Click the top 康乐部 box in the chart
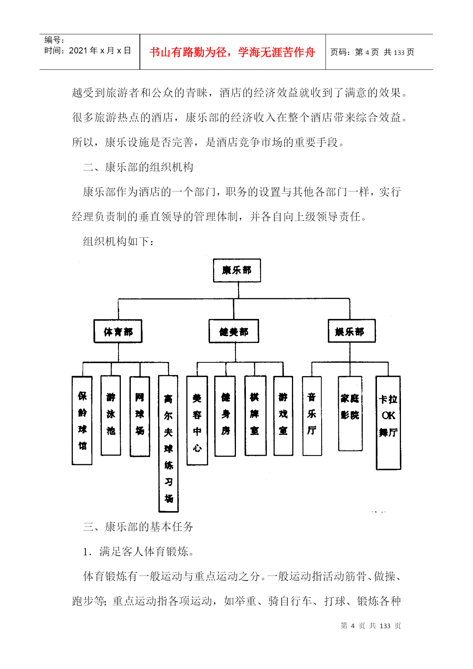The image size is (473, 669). tap(237, 270)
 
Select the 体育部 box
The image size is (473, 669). tap(118, 331)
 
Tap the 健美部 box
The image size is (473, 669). tap(234, 331)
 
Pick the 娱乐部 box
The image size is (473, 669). tap(352, 331)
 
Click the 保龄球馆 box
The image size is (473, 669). tap(82, 420)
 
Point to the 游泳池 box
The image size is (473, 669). tap(111, 415)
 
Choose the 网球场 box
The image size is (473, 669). tap(140, 416)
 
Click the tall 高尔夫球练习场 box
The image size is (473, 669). tap(168, 444)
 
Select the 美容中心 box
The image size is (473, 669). tap(197, 421)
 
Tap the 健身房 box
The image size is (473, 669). tap(225, 416)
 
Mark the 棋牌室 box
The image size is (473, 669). tap(255, 416)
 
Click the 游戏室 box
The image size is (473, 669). tap(283, 416)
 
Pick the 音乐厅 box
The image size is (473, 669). tap(312, 416)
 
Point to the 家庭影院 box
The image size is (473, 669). tap(350, 413)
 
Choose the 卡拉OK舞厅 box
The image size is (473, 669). tap(388, 423)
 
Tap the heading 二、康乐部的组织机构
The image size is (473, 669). tap(138, 167)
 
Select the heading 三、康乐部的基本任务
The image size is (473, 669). tap(138, 527)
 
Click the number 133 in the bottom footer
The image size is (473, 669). tap(385, 626)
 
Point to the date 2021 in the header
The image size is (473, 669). tap(79, 50)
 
